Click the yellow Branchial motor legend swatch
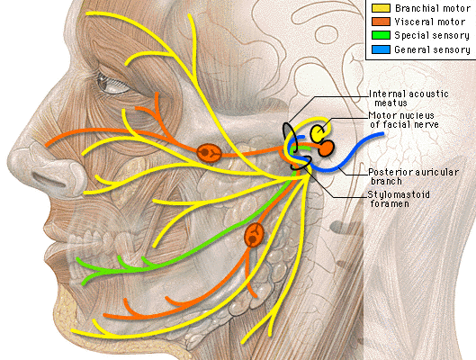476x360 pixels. coord(381,8)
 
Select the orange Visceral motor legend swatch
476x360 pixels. coord(381,22)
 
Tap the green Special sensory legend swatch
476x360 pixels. coord(381,35)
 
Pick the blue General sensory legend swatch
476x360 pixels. coord(381,49)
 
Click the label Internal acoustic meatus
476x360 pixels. coord(409,98)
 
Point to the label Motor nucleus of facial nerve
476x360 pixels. coord(404,120)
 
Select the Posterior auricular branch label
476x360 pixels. coord(414,176)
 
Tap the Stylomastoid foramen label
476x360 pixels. coord(399,199)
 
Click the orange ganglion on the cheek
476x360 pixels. coord(209,153)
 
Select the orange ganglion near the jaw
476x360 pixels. coord(254,235)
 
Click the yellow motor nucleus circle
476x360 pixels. coord(318,133)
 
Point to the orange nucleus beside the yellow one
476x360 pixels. coord(326,148)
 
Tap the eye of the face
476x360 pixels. coord(112,84)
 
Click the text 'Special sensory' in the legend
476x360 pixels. coord(432,35)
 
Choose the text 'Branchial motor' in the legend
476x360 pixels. coord(433,8)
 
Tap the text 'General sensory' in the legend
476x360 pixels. coord(432,49)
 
